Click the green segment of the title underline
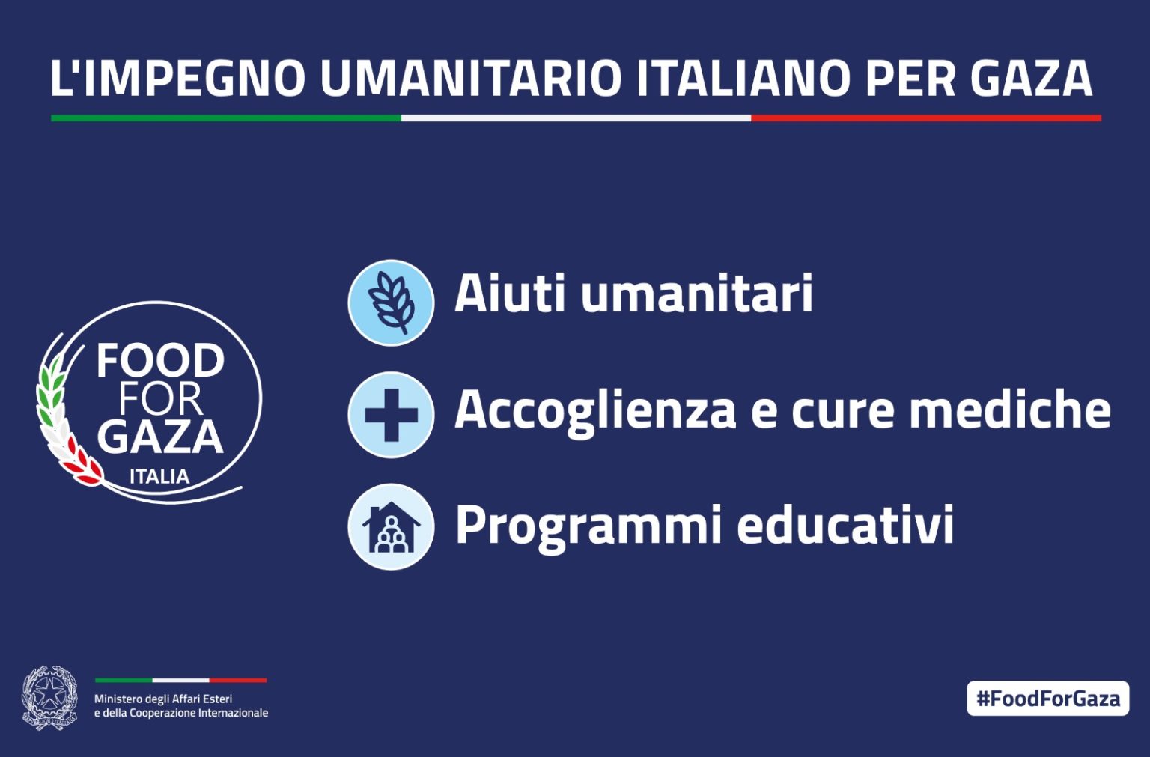pos(226,118)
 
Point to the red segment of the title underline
pos(926,118)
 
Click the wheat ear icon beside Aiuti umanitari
pos(392,303)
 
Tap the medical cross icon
pos(392,415)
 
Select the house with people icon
pos(392,527)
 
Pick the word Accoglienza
pos(595,410)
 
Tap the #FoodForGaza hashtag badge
pos(1048,699)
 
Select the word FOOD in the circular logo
pos(161,361)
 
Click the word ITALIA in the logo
pos(159,477)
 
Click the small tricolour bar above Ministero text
pos(180,681)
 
